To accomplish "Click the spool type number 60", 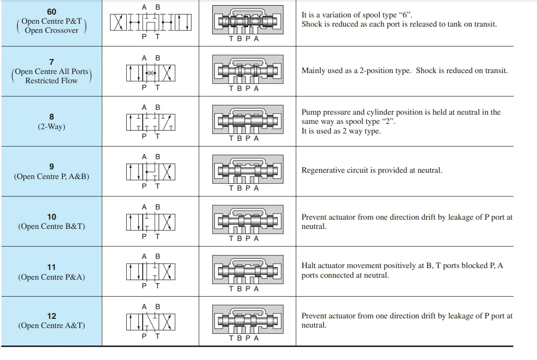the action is tap(51, 12).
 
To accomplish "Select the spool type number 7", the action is tap(51, 62).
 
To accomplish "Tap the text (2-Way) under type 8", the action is tap(51, 127).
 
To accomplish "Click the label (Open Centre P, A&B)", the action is tap(51, 177).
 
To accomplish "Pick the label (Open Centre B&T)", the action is tap(51, 226).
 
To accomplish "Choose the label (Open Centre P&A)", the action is tap(51, 277).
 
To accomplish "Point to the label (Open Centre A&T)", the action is tap(51, 326).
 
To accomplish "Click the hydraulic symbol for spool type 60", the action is tap(150, 22).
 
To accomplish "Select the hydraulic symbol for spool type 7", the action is tap(150, 73).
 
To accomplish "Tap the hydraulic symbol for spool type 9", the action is tap(150, 171).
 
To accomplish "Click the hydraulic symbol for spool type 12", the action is tap(150, 321).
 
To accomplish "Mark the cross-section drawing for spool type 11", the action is tap(247, 271).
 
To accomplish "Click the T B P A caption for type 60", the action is tap(244, 39).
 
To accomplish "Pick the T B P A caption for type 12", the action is tap(244, 338).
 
